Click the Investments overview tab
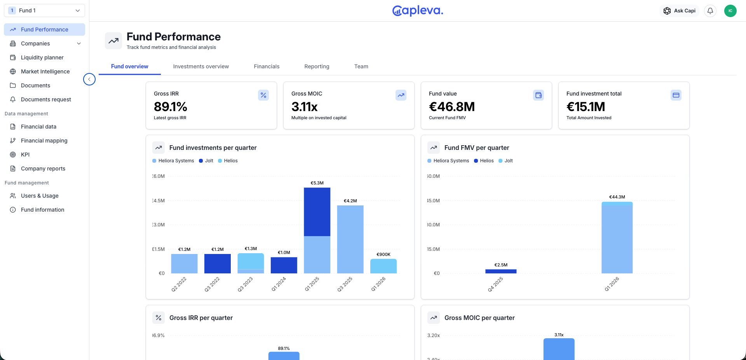[201, 66]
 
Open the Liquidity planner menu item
[42, 57]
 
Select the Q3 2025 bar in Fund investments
[350, 239]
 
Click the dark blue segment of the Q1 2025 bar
[317, 212]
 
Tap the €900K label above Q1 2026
[383, 254]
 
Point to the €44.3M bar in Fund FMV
[617, 237]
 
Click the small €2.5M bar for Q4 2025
[501, 271]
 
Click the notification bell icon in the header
[710, 11]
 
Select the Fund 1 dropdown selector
[44, 10]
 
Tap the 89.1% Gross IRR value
[171, 107]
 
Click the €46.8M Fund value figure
[452, 107]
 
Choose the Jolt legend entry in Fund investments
[206, 161]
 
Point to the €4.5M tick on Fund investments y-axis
[159, 201]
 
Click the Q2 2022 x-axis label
[179, 284]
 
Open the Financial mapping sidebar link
[44, 141]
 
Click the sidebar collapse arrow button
[89, 79]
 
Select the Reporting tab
[317, 66]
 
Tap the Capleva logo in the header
[418, 11]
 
